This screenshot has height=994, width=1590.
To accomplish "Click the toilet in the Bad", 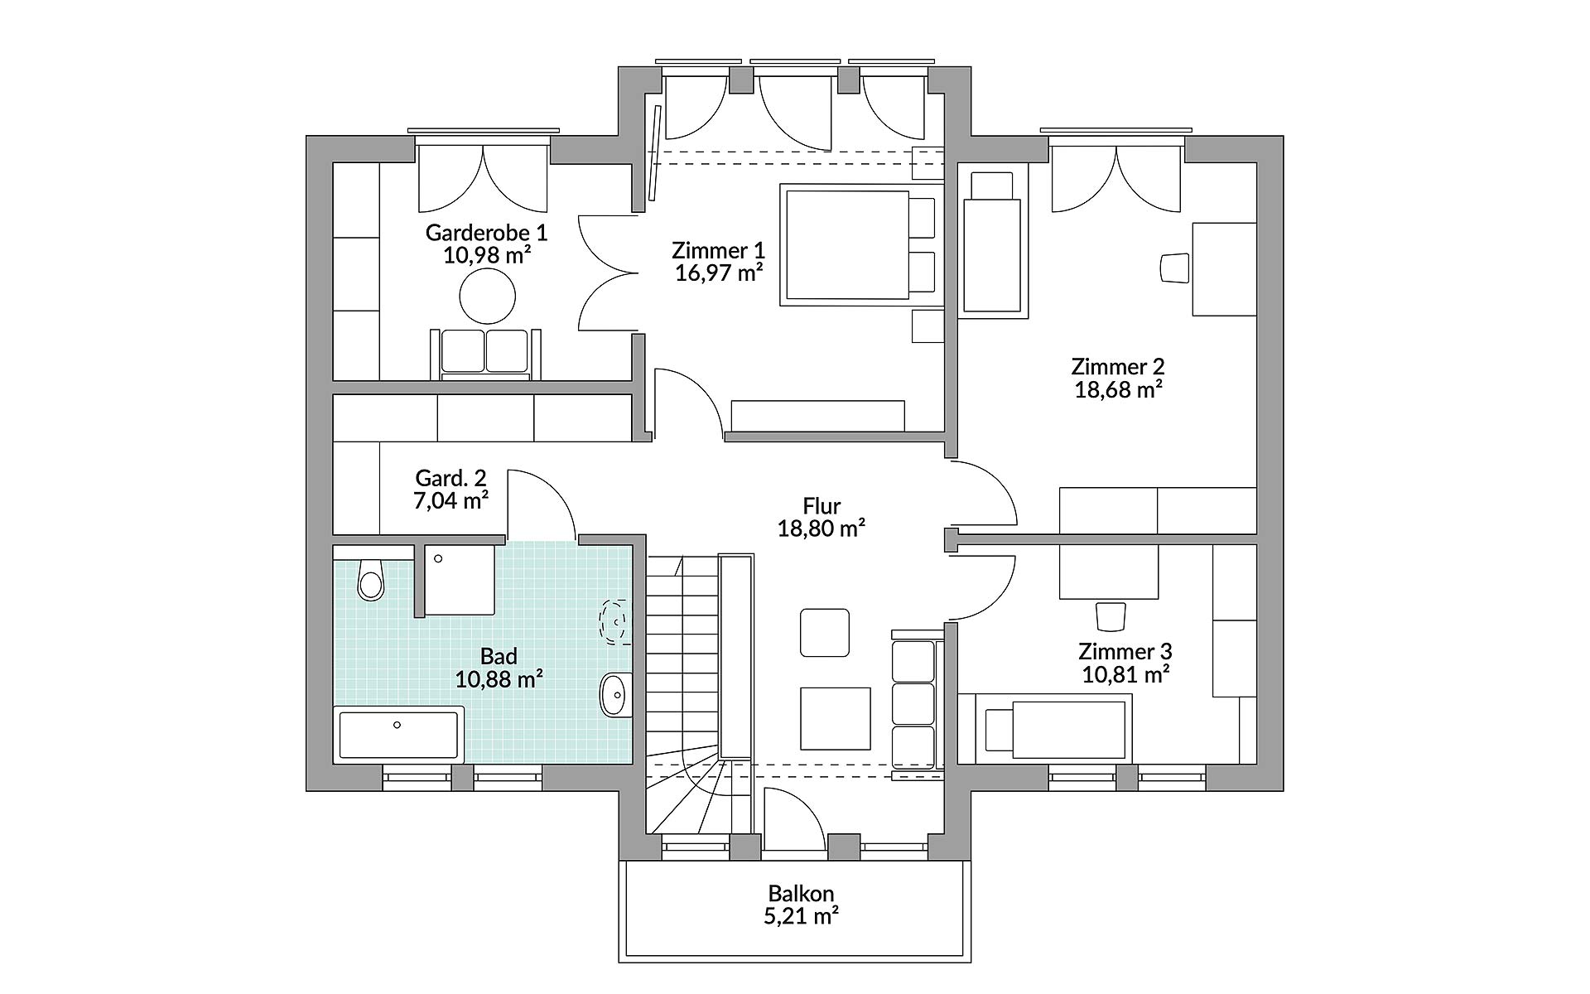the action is point(371,579).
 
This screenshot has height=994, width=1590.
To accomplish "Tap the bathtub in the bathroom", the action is point(398,733).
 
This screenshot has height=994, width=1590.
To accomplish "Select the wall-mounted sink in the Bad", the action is point(614,694).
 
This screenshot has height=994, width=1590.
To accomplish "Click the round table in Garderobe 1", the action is point(488,297).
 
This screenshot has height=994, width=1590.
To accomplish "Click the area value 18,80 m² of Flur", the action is point(821,528).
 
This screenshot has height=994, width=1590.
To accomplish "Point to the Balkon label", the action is point(801,894).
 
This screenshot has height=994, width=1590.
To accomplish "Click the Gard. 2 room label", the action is point(450,478).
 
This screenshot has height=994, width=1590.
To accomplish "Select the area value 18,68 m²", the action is point(1118,389).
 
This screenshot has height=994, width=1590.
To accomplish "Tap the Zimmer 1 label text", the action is point(718,250).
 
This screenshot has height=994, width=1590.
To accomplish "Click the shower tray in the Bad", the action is point(460,580).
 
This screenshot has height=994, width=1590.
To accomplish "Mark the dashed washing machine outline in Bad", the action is point(614,621).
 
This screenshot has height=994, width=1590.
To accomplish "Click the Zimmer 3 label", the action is point(1125,652).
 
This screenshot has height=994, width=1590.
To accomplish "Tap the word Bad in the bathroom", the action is point(499,657).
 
